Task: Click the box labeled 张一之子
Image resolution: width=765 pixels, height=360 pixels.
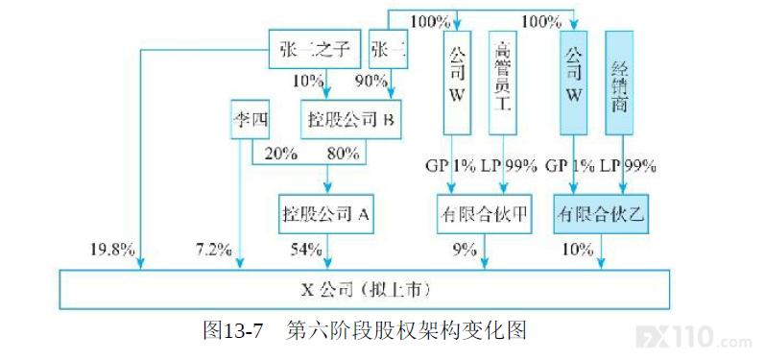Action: click(316, 49)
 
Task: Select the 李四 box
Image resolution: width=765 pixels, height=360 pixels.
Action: click(250, 120)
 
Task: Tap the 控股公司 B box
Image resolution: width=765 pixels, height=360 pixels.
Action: click(350, 120)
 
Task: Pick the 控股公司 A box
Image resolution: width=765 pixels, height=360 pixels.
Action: click(326, 214)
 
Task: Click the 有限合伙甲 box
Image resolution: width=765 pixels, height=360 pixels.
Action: click(484, 214)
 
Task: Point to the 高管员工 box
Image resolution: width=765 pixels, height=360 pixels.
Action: click(503, 82)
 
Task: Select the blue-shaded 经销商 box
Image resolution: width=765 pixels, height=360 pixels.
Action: click(620, 82)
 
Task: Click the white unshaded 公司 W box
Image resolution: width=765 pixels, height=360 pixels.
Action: click(457, 82)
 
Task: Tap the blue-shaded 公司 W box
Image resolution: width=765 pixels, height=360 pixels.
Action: click(574, 82)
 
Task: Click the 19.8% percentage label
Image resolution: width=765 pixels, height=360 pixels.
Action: click(112, 250)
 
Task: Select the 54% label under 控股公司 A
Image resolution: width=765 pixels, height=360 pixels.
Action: click(305, 250)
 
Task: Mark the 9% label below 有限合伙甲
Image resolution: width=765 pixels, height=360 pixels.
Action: click(464, 250)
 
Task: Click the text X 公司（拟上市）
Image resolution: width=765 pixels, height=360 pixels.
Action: click(366, 290)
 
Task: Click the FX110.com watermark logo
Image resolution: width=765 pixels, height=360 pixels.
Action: click(699, 336)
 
